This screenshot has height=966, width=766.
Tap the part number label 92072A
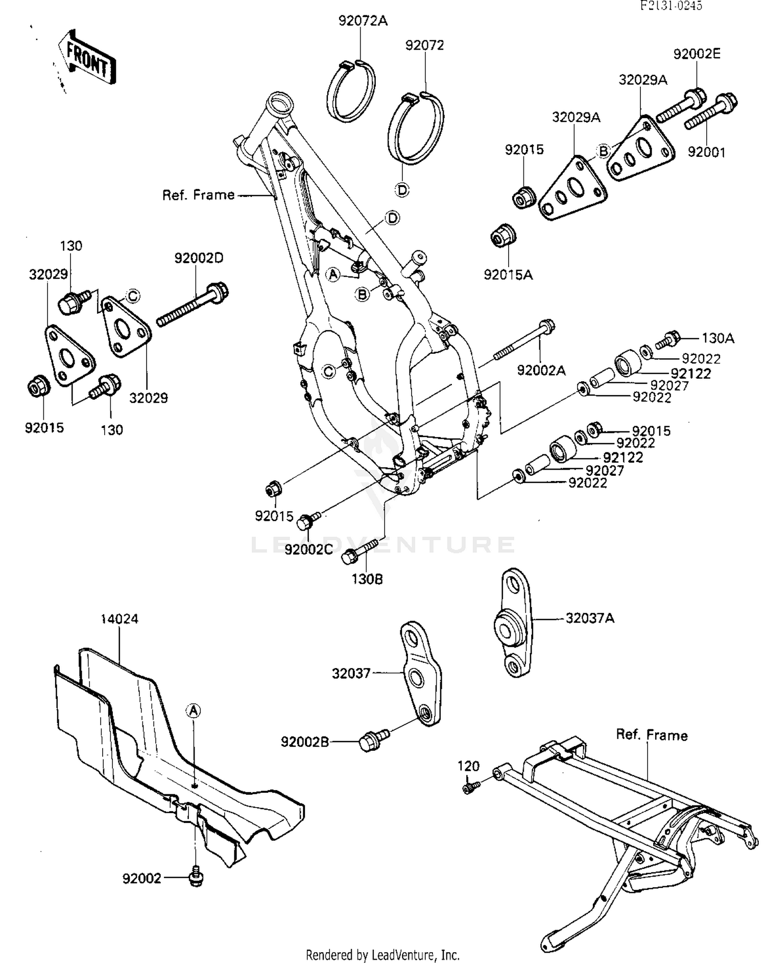click(363, 21)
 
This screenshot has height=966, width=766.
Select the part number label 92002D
click(199, 258)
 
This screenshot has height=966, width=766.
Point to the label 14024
click(119, 619)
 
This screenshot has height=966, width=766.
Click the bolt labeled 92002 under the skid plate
click(196, 878)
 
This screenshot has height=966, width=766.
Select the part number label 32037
click(351, 673)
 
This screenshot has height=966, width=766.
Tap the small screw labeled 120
click(469, 788)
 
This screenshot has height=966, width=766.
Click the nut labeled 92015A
click(504, 235)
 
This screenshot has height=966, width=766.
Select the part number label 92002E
click(697, 54)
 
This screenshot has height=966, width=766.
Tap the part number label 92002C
click(308, 549)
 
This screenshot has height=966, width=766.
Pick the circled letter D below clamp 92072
click(402, 190)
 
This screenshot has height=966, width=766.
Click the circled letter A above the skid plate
click(194, 711)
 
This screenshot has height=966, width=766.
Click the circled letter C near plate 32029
click(132, 296)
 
